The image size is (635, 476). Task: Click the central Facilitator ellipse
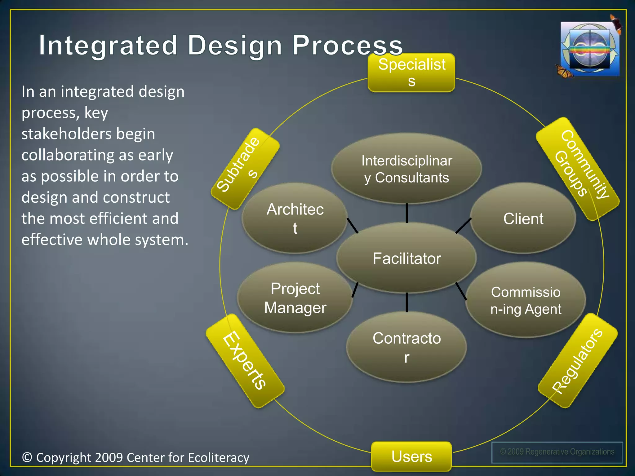click(406, 258)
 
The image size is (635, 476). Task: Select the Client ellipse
click(523, 218)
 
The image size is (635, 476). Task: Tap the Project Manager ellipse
click(295, 298)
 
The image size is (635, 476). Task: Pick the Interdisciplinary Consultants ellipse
click(406, 169)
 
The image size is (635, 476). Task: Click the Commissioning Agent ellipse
click(526, 300)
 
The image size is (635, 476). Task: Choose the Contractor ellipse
click(406, 347)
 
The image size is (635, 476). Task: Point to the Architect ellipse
click(295, 218)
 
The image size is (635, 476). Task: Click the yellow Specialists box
click(411, 73)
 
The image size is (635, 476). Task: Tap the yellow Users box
click(411, 456)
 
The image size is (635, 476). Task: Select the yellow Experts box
click(245, 361)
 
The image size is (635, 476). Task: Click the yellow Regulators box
click(578, 361)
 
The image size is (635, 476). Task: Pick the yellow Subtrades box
click(245, 169)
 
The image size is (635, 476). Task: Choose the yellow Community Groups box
click(578, 169)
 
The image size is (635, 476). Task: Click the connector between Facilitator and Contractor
click(406, 302)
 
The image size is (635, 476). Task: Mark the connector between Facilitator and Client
click(463, 226)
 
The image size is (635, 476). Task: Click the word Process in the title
click(347, 46)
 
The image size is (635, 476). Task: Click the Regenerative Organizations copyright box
click(557, 452)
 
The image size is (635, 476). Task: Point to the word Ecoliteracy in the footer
click(219, 458)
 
